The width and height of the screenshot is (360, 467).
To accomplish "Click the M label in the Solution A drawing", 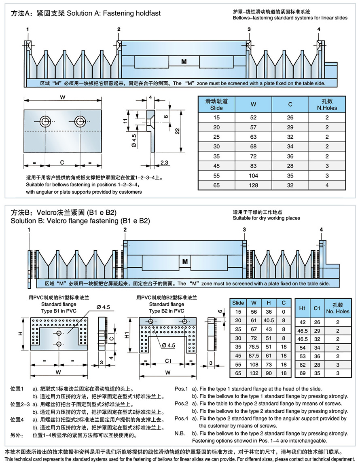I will [184, 62].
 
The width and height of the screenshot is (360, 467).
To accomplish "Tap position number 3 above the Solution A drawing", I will [249, 30].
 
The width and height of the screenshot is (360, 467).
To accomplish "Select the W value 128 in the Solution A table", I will [253, 185].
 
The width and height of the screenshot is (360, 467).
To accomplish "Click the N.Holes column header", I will [326, 105].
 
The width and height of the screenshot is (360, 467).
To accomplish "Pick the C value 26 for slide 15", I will [290, 118].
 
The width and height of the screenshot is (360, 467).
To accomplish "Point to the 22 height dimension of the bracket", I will [178, 131].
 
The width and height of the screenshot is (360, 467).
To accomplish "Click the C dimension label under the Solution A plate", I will [62, 163].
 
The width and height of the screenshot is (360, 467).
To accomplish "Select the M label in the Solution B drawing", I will [185, 262].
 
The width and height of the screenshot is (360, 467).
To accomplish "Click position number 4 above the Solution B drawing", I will [322, 230].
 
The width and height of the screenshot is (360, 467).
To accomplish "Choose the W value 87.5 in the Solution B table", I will [254, 356].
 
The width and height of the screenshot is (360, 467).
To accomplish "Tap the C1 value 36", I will [317, 356].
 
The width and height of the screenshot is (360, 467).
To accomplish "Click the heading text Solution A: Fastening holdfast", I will [114, 13].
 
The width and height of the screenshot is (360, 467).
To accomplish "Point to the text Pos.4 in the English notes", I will [182, 418].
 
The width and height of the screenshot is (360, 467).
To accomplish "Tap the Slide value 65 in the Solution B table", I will [238, 374].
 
